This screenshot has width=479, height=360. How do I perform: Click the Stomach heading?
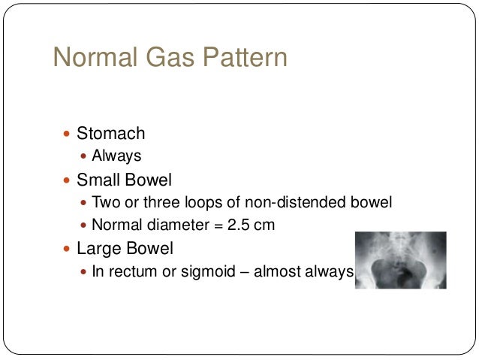pyautogui.click(x=111, y=134)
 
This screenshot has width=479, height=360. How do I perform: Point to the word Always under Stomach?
pyautogui.click(x=116, y=156)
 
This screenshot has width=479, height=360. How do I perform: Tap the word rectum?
pyautogui.click(x=130, y=272)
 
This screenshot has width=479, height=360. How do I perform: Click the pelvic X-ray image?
pyautogui.click(x=399, y=260)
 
